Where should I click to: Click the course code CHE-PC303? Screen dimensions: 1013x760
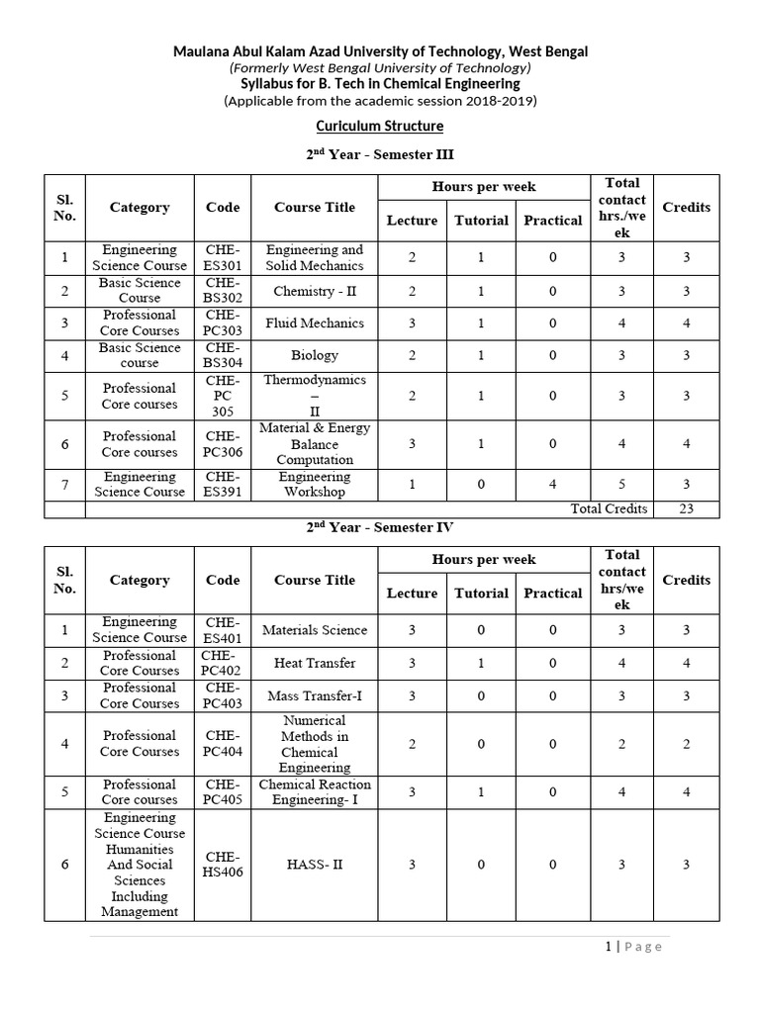coord(223,322)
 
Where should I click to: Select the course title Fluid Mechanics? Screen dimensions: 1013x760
coord(315,322)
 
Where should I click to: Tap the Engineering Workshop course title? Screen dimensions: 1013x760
coord(315,484)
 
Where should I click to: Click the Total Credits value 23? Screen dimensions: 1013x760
coord(686,508)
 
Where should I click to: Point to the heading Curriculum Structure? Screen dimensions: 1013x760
coord(380,127)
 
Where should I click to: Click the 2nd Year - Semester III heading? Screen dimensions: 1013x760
coord(380,154)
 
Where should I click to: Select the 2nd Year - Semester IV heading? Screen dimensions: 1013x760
coord(380,527)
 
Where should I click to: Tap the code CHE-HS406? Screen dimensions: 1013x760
coord(223,864)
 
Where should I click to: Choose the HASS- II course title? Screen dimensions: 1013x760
coord(315,864)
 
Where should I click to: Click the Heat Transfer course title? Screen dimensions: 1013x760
coord(315,663)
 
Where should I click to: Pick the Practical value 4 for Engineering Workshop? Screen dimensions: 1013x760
coord(552,484)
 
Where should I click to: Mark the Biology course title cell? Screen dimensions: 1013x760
coord(315,355)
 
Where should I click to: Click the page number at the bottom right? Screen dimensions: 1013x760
coord(633,947)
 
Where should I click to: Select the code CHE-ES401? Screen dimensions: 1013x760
coord(223,630)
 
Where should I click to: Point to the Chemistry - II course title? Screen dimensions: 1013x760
coord(315,291)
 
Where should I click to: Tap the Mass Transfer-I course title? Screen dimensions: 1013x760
coord(315,695)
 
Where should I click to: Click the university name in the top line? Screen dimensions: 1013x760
coord(380,51)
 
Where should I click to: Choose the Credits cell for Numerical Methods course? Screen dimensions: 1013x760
coord(686,744)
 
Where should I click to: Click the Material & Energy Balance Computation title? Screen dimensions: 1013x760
coord(315,443)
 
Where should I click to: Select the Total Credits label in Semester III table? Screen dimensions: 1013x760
coord(609,508)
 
